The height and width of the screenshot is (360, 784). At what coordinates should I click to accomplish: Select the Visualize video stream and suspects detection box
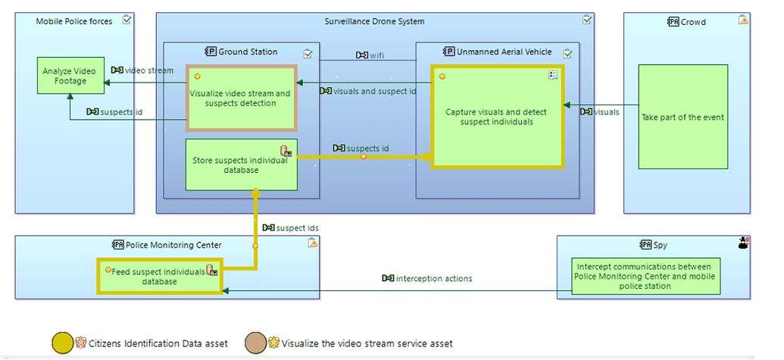pos(241,98)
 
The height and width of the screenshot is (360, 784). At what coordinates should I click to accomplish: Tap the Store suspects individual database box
pos(241,164)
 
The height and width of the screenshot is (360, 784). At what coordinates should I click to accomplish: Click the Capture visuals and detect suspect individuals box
pos(497,117)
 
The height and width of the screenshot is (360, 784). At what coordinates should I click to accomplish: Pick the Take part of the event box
pos(682,117)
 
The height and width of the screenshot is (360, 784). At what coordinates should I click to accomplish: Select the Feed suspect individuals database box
pos(159,276)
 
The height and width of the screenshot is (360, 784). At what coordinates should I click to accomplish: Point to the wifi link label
pos(372,55)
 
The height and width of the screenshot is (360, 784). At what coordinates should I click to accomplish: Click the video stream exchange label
pos(148,70)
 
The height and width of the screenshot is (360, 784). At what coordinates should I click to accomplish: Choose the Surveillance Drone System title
pos(374,21)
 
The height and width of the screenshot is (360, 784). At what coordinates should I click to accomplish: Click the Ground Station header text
pos(248,52)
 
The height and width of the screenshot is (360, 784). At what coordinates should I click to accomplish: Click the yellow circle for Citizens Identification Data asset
pos(63,343)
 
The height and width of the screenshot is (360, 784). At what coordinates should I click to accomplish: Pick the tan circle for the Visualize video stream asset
pos(256,343)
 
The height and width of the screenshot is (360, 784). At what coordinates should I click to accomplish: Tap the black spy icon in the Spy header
pos(743,243)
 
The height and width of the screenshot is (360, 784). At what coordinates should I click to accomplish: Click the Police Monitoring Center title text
pos(173,244)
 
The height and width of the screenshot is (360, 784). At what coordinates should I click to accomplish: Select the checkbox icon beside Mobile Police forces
pos(127,20)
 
